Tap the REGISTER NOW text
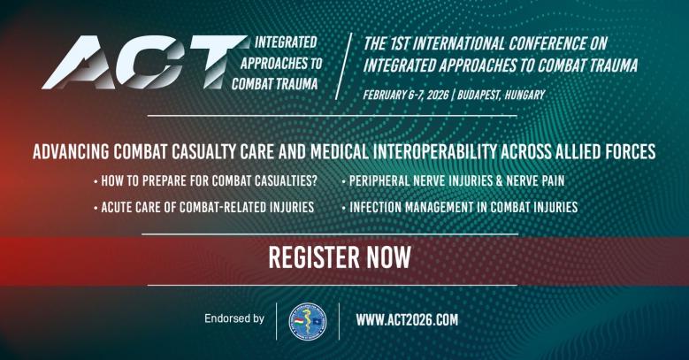pos(340,257)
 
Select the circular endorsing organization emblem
pos(308,320)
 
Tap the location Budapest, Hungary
pos(500,95)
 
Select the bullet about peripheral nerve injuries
pos(456,181)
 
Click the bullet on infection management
pos(463,208)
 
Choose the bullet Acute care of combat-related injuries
pos(208,208)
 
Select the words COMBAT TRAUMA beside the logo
pos(274,83)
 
